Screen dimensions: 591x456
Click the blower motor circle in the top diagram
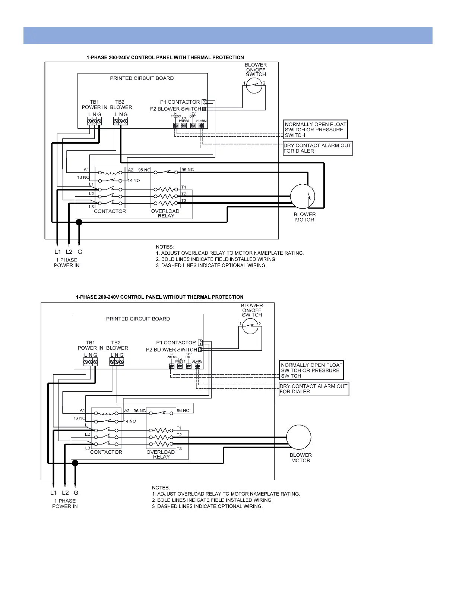click(303, 196)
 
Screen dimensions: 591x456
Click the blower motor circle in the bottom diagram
click(299, 437)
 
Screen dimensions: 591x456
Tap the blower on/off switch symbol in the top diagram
click(254, 86)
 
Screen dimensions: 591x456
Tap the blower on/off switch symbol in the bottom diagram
click(250, 326)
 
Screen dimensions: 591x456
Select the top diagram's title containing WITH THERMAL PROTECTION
click(165, 57)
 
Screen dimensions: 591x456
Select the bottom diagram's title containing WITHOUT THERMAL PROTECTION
click(159, 297)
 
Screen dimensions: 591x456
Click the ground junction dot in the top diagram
click(79, 222)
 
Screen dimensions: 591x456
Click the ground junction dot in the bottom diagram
click(75, 463)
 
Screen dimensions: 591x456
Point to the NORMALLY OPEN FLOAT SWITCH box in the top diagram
click(315, 130)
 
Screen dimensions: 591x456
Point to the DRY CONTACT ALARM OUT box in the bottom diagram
click(314, 389)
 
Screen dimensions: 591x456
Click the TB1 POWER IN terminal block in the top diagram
click(94, 121)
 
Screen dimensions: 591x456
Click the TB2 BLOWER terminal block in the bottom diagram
click(117, 362)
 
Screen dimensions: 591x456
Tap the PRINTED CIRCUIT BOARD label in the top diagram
click(142, 78)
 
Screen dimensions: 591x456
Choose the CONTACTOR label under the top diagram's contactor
click(110, 212)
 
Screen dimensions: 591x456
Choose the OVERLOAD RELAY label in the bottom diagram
click(161, 454)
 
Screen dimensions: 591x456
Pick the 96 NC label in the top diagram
click(187, 170)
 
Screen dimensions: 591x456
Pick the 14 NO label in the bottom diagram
click(130, 421)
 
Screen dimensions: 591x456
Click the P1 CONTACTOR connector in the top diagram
click(204, 102)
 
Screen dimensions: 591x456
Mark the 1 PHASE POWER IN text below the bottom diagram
click(65, 503)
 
